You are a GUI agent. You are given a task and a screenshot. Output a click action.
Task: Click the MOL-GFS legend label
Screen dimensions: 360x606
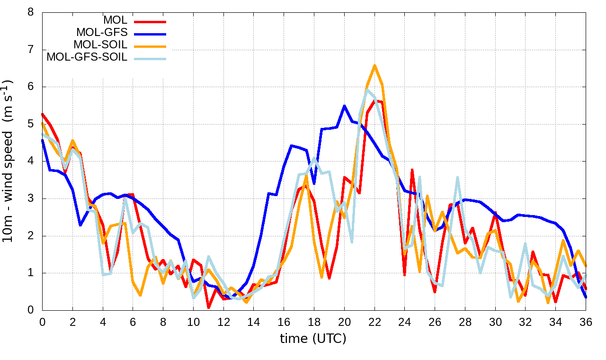click(102, 33)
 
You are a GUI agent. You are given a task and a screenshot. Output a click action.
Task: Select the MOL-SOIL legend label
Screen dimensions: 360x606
click(100, 45)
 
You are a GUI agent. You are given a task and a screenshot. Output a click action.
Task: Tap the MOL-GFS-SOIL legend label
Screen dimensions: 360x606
click(87, 57)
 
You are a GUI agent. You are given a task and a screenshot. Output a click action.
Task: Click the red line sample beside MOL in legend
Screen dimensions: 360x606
click(150, 21)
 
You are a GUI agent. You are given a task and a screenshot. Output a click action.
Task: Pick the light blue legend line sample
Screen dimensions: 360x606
click(150, 58)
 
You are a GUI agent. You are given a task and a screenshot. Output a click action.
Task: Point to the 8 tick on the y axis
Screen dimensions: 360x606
click(31, 12)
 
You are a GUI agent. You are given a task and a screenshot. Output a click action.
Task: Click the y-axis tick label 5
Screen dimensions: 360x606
click(31, 124)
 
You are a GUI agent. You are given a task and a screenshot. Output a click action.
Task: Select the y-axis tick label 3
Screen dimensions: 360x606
click(31, 198)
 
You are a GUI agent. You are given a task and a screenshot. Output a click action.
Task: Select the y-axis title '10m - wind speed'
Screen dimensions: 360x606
click(10, 161)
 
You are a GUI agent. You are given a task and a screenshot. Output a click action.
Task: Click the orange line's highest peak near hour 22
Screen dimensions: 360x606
click(374, 65)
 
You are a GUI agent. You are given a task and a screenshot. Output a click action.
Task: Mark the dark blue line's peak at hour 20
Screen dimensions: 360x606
click(344, 106)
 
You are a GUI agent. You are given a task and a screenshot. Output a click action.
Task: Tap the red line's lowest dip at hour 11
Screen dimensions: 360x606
click(208, 308)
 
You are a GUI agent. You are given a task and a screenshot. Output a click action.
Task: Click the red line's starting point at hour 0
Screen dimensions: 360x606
click(43, 114)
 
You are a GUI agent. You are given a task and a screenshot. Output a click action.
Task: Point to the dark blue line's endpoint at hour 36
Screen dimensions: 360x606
click(586, 297)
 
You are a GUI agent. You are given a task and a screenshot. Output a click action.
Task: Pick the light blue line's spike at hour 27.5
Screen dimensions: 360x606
click(458, 177)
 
